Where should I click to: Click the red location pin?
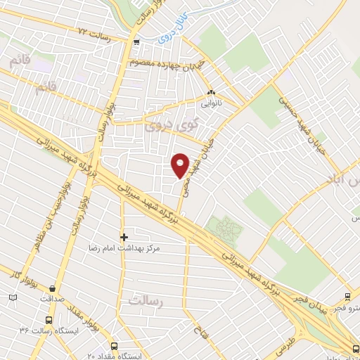(181, 165)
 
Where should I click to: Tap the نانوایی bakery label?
(211, 103)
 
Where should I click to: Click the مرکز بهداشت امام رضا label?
(124, 248)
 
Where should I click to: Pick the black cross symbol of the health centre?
(124, 237)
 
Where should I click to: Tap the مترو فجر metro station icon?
(347, 297)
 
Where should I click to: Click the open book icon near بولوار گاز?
(13, 298)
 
